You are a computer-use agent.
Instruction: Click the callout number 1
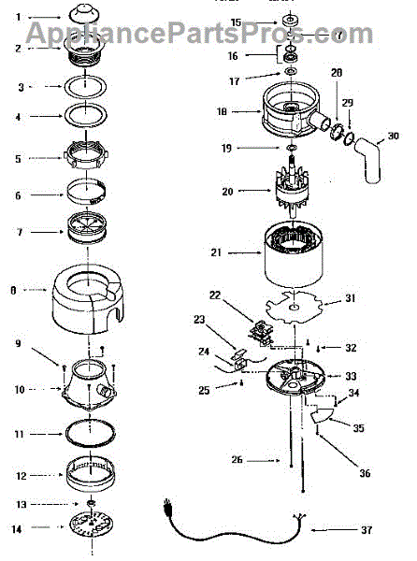point(17,17)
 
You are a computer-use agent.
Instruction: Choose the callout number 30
point(393,135)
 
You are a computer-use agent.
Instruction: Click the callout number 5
point(17,158)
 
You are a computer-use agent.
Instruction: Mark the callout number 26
point(237,459)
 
